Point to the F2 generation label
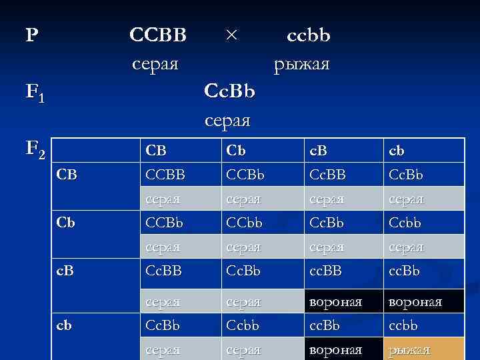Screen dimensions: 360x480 coord(35,153)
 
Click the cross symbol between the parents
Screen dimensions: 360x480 coord(231,35)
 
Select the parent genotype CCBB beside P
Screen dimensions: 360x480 coord(158,35)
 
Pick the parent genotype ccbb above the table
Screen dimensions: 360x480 coord(308,35)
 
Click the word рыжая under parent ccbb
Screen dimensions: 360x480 coord(301,64)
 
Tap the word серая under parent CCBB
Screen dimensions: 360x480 coord(155,64)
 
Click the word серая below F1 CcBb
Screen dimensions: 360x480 coord(227,121)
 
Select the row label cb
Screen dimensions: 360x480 coord(65,326)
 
